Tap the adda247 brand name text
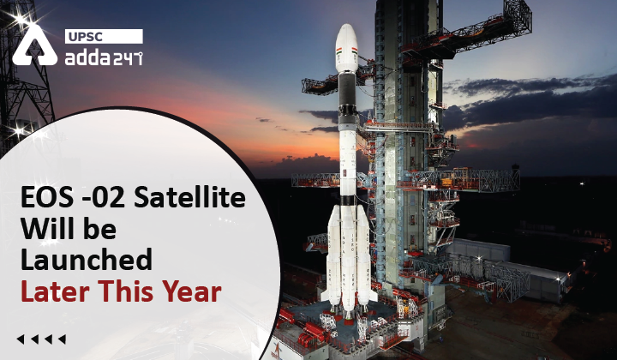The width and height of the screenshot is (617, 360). (x=103, y=57)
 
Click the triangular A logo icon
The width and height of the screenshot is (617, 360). (x=34, y=48)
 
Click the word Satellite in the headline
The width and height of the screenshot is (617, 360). (x=193, y=200)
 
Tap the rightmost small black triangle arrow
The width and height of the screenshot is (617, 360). (x=61, y=339)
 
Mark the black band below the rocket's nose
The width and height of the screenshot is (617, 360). (x=346, y=87)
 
